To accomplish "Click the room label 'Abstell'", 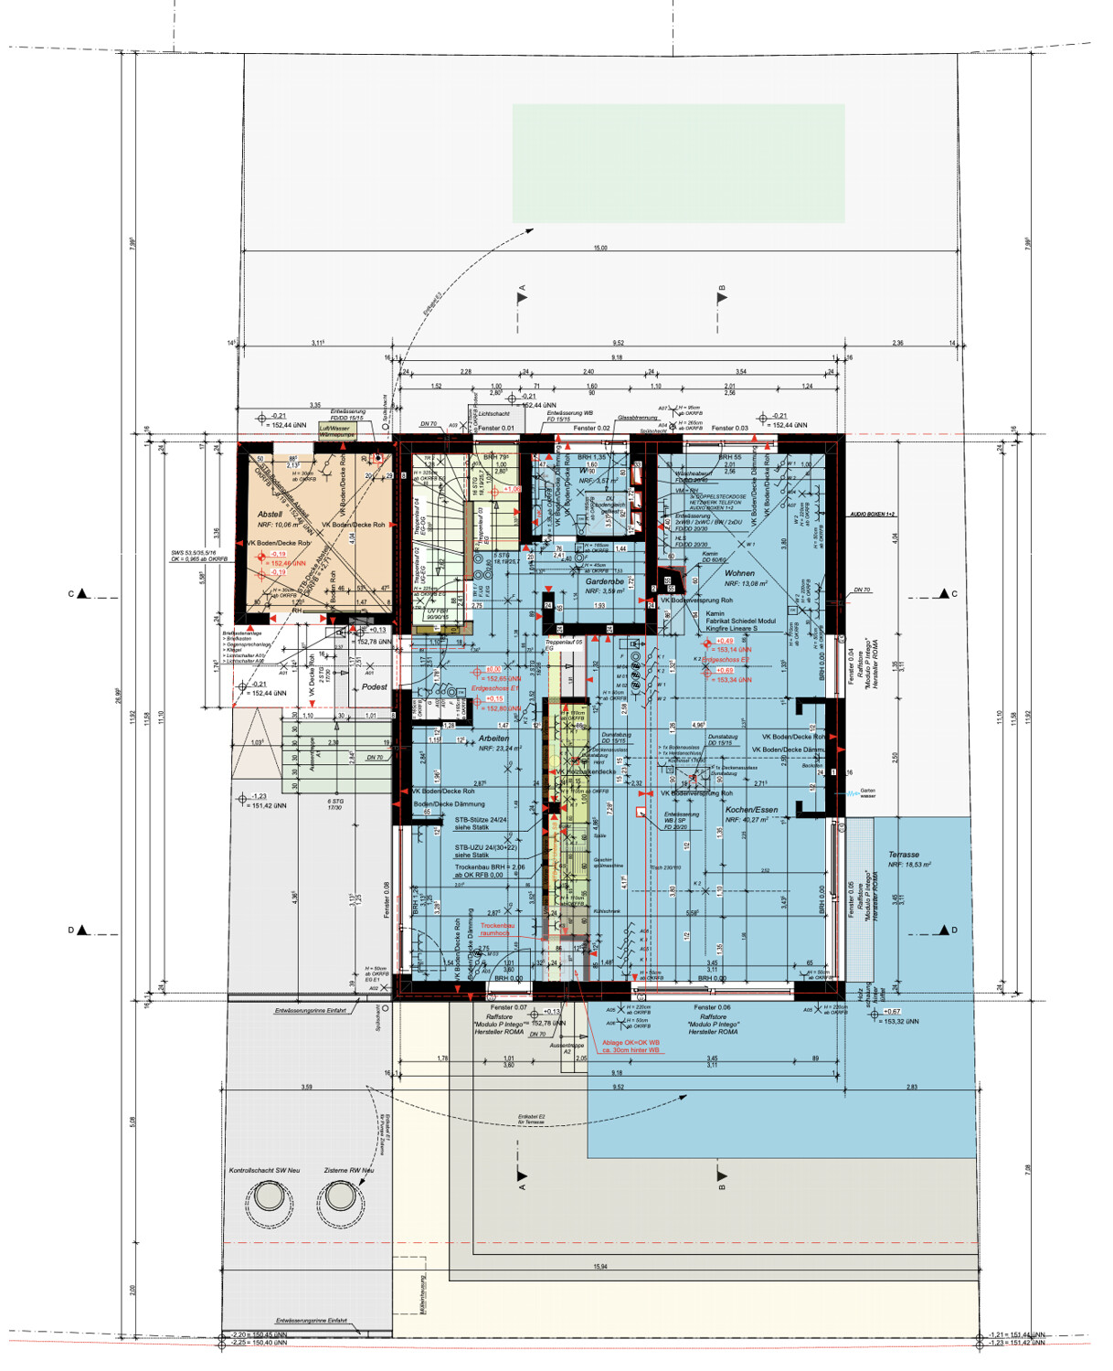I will [270, 515].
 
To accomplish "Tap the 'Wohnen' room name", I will [739, 573].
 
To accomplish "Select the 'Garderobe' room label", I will [604, 581].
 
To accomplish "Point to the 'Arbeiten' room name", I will [493, 738].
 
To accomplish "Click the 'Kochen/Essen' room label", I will [751, 810].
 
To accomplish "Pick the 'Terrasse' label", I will [904, 855].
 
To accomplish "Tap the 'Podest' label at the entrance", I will [375, 686].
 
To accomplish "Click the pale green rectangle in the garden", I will [678, 164].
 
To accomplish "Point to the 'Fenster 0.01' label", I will [496, 428].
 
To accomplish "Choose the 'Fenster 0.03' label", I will [729, 428].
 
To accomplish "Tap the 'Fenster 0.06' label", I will [711, 1007].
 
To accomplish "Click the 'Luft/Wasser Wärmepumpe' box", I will [334, 431].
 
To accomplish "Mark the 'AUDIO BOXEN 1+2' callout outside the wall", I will [874, 515].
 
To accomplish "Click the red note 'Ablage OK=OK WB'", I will [631, 1042].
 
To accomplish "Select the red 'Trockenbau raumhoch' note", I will [498, 930].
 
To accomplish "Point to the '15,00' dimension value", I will [599, 248].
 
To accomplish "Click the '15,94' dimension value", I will [599, 1267].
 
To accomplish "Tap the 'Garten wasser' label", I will [867, 793].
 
